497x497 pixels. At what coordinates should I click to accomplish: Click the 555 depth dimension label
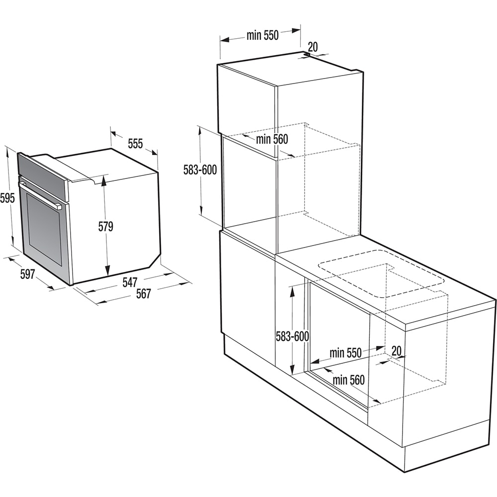135,144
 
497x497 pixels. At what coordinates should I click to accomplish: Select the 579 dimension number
105,227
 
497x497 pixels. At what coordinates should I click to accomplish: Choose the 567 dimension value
143,294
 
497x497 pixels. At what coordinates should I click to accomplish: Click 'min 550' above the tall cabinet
262,35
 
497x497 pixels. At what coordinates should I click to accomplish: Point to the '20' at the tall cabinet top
313,47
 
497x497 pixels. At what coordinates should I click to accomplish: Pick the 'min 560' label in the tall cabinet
272,140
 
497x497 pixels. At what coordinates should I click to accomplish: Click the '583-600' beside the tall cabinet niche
200,170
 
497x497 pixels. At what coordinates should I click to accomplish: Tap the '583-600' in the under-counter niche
292,336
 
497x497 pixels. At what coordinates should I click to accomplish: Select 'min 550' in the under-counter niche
345,353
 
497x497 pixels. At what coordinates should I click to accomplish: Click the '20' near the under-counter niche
396,351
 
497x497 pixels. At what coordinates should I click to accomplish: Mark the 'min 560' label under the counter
348,380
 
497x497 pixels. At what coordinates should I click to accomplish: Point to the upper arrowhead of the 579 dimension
104,181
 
